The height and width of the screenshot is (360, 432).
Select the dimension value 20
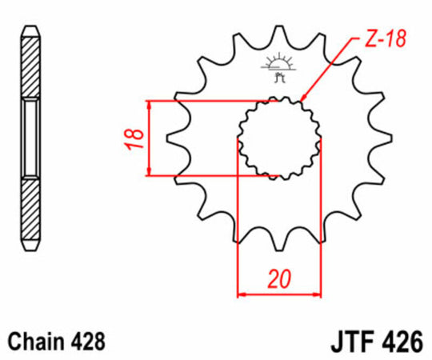(278, 279)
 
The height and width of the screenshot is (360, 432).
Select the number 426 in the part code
(401, 342)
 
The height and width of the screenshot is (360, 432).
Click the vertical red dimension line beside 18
(150, 138)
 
